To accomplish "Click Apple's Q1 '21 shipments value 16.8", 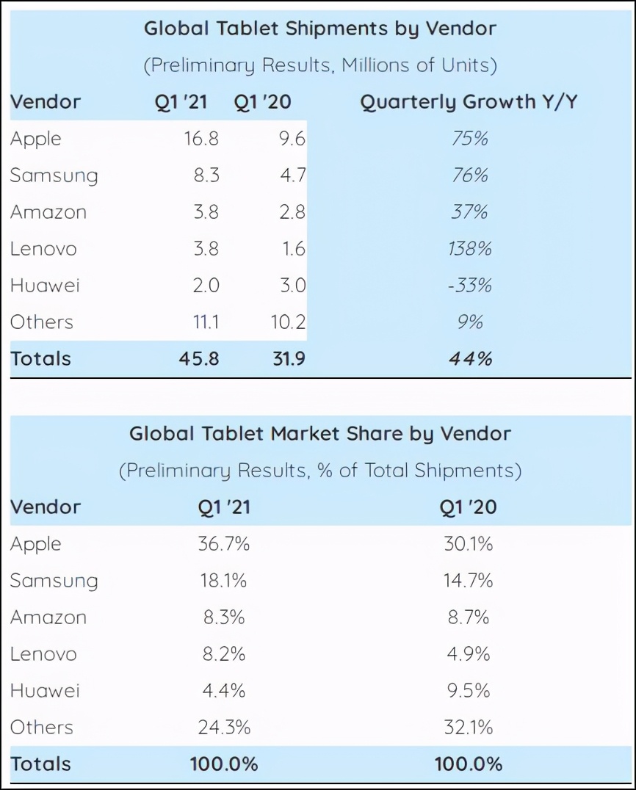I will click(x=201, y=139).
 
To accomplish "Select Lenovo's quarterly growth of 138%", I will click(x=469, y=249).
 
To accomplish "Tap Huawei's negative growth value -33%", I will click(x=469, y=286).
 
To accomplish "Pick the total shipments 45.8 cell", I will click(x=200, y=359).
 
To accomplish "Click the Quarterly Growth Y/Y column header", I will click(x=469, y=102).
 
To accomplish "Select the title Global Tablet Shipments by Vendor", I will click(x=320, y=29).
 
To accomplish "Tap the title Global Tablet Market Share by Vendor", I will click(x=320, y=433).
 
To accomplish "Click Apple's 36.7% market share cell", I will click(x=224, y=544).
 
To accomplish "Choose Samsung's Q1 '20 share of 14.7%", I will click(x=469, y=581).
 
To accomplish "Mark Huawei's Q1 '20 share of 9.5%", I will click(x=469, y=691).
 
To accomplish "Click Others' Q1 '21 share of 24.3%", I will click(x=224, y=728).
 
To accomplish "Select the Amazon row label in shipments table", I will click(x=48, y=212).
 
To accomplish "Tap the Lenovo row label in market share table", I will click(x=43, y=654).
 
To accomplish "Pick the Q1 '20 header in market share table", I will click(x=469, y=507).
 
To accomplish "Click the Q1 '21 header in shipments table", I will click(x=181, y=102).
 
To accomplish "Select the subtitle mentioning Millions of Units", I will click(x=320, y=65).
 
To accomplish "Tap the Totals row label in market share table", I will click(x=40, y=764).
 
